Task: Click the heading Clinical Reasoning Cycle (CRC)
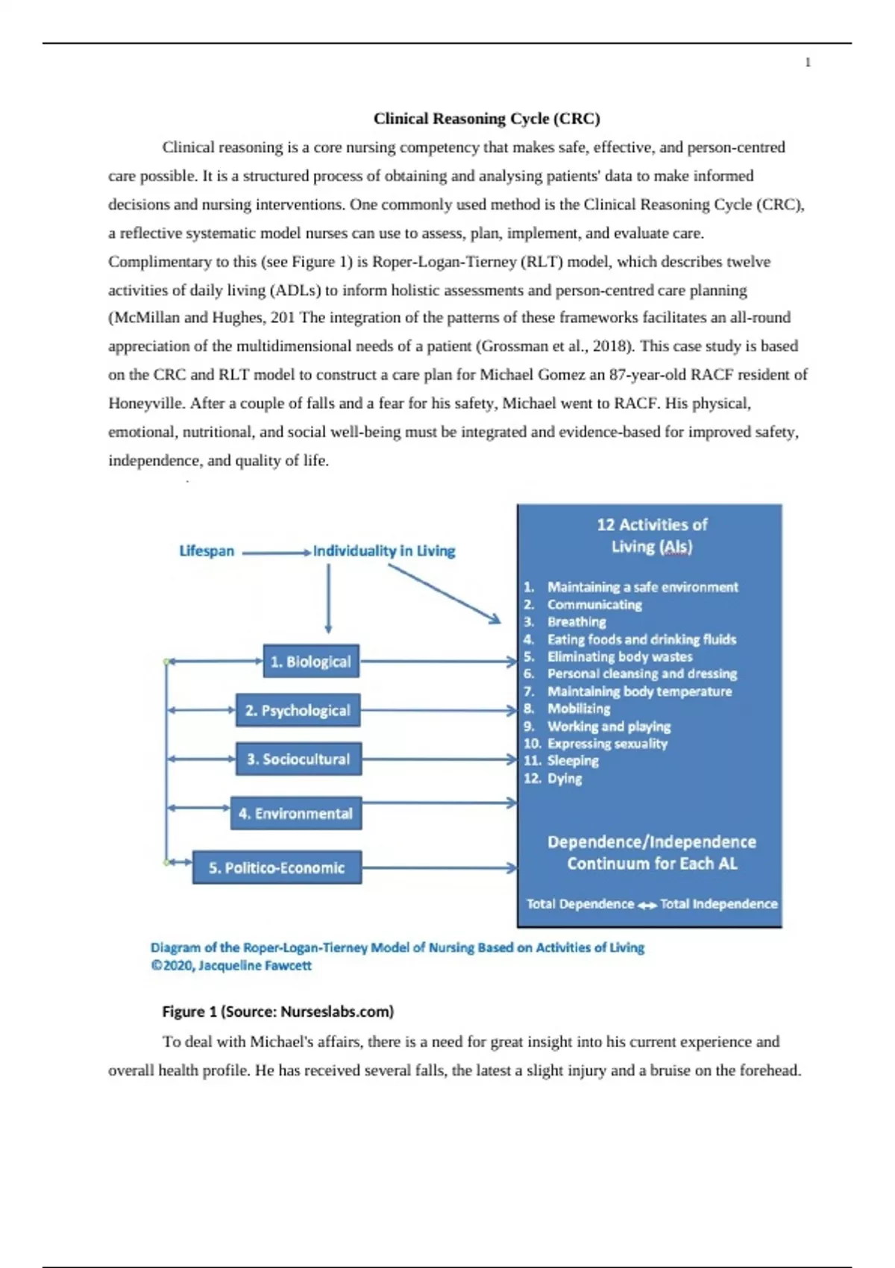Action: [486, 119]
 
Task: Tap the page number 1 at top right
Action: [808, 63]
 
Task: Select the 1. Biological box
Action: [311, 662]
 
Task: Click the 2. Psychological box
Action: [298, 711]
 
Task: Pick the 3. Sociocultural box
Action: [298, 759]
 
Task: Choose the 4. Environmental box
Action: [295, 814]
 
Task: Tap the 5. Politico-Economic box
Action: [277, 867]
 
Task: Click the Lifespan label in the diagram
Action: [207, 551]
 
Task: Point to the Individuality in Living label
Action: [384, 551]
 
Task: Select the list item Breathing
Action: [577, 622]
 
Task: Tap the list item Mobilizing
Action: [579, 709]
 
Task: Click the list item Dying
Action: [565, 779]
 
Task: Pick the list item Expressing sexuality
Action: [607, 744]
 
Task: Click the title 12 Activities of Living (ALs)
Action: [651, 536]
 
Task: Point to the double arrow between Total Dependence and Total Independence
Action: [647, 905]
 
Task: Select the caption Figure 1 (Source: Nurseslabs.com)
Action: [278, 1011]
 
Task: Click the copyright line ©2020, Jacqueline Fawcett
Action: [231, 965]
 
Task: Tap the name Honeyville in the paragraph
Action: [145, 404]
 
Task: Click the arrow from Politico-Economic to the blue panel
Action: [439, 867]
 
